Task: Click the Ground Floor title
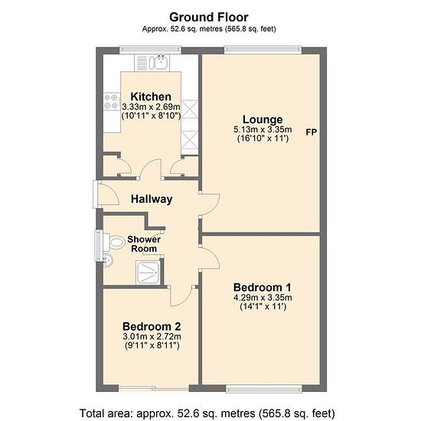[x=209, y=18]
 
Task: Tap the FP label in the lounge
[x=312, y=132]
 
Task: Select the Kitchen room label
[x=151, y=96]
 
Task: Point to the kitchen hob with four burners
[x=112, y=102]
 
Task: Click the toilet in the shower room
[x=114, y=242]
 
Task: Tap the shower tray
[x=148, y=273]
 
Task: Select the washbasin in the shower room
[x=108, y=260]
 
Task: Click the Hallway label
[x=152, y=199]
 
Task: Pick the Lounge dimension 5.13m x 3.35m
[x=263, y=129]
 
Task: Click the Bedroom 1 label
[x=263, y=288]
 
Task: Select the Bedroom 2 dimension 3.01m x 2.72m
[x=152, y=337]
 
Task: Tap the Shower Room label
[x=144, y=243]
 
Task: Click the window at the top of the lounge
[x=263, y=50]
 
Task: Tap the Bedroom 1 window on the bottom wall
[x=264, y=389]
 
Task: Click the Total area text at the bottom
[x=207, y=413]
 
